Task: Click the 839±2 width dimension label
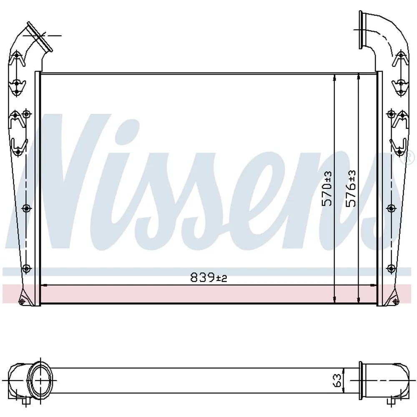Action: coord(208,278)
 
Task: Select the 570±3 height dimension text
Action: coord(327,188)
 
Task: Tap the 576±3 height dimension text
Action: coord(351,188)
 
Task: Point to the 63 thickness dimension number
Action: coord(337,381)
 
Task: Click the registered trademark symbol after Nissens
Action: coord(410,158)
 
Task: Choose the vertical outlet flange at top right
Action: coord(361,30)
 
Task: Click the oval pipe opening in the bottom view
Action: coord(40,380)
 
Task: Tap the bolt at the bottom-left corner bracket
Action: coord(22,301)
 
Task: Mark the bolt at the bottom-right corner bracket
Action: coord(395,301)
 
